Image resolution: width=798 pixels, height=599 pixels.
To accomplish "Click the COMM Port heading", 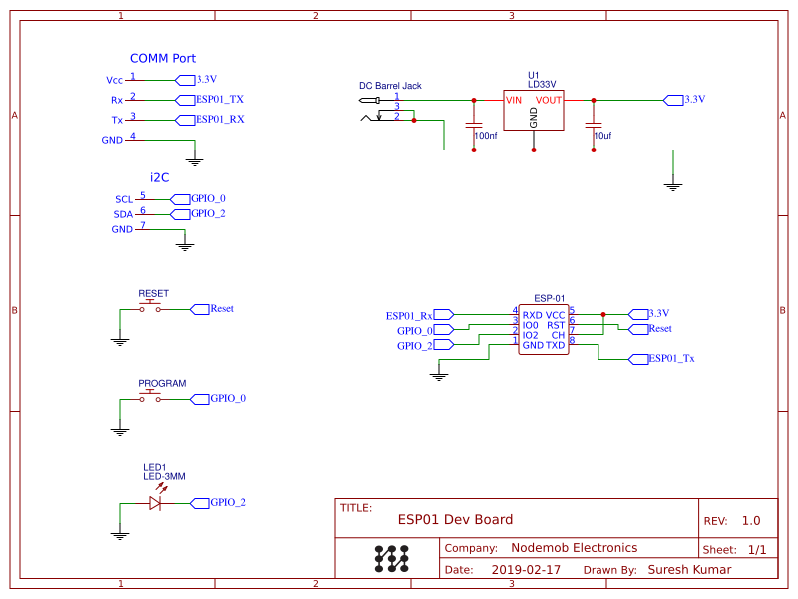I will [162, 59].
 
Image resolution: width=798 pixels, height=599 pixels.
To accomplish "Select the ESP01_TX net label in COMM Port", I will [219, 99].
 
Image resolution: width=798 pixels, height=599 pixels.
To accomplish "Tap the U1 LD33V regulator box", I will [533, 111].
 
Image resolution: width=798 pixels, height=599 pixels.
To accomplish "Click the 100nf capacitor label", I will [486, 135].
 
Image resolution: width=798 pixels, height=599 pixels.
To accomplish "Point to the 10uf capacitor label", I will [602, 135].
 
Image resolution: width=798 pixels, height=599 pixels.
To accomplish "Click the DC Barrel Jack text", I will [390, 86].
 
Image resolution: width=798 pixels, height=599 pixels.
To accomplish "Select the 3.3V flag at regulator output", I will [688, 99].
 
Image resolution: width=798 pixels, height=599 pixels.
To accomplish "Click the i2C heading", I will [159, 177].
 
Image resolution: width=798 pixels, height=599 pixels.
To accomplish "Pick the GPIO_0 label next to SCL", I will [207, 198].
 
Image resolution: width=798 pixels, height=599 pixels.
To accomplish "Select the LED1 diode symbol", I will [155, 503].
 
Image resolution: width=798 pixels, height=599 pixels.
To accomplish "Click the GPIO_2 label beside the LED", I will [227, 503].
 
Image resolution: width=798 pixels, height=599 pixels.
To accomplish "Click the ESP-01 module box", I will [544, 329].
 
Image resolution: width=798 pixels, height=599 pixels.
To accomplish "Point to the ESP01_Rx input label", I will [409, 315].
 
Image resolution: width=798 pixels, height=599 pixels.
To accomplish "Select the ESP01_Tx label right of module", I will [672, 358].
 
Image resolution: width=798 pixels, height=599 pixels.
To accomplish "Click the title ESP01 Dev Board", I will [455, 519].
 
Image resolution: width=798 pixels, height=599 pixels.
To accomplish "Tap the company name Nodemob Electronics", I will [574, 548].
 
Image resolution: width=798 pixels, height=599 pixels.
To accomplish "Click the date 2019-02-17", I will [526, 570].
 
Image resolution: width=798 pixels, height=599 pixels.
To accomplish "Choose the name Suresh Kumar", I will [689, 570].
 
